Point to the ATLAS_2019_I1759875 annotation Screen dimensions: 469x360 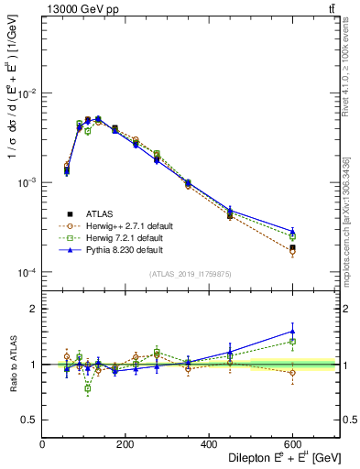(x=191, y=273)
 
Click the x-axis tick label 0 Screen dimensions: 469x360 (x=42, y=445)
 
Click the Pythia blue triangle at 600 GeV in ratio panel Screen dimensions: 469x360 (x=292, y=332)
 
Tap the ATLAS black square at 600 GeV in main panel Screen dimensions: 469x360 (x=292, y=247)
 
